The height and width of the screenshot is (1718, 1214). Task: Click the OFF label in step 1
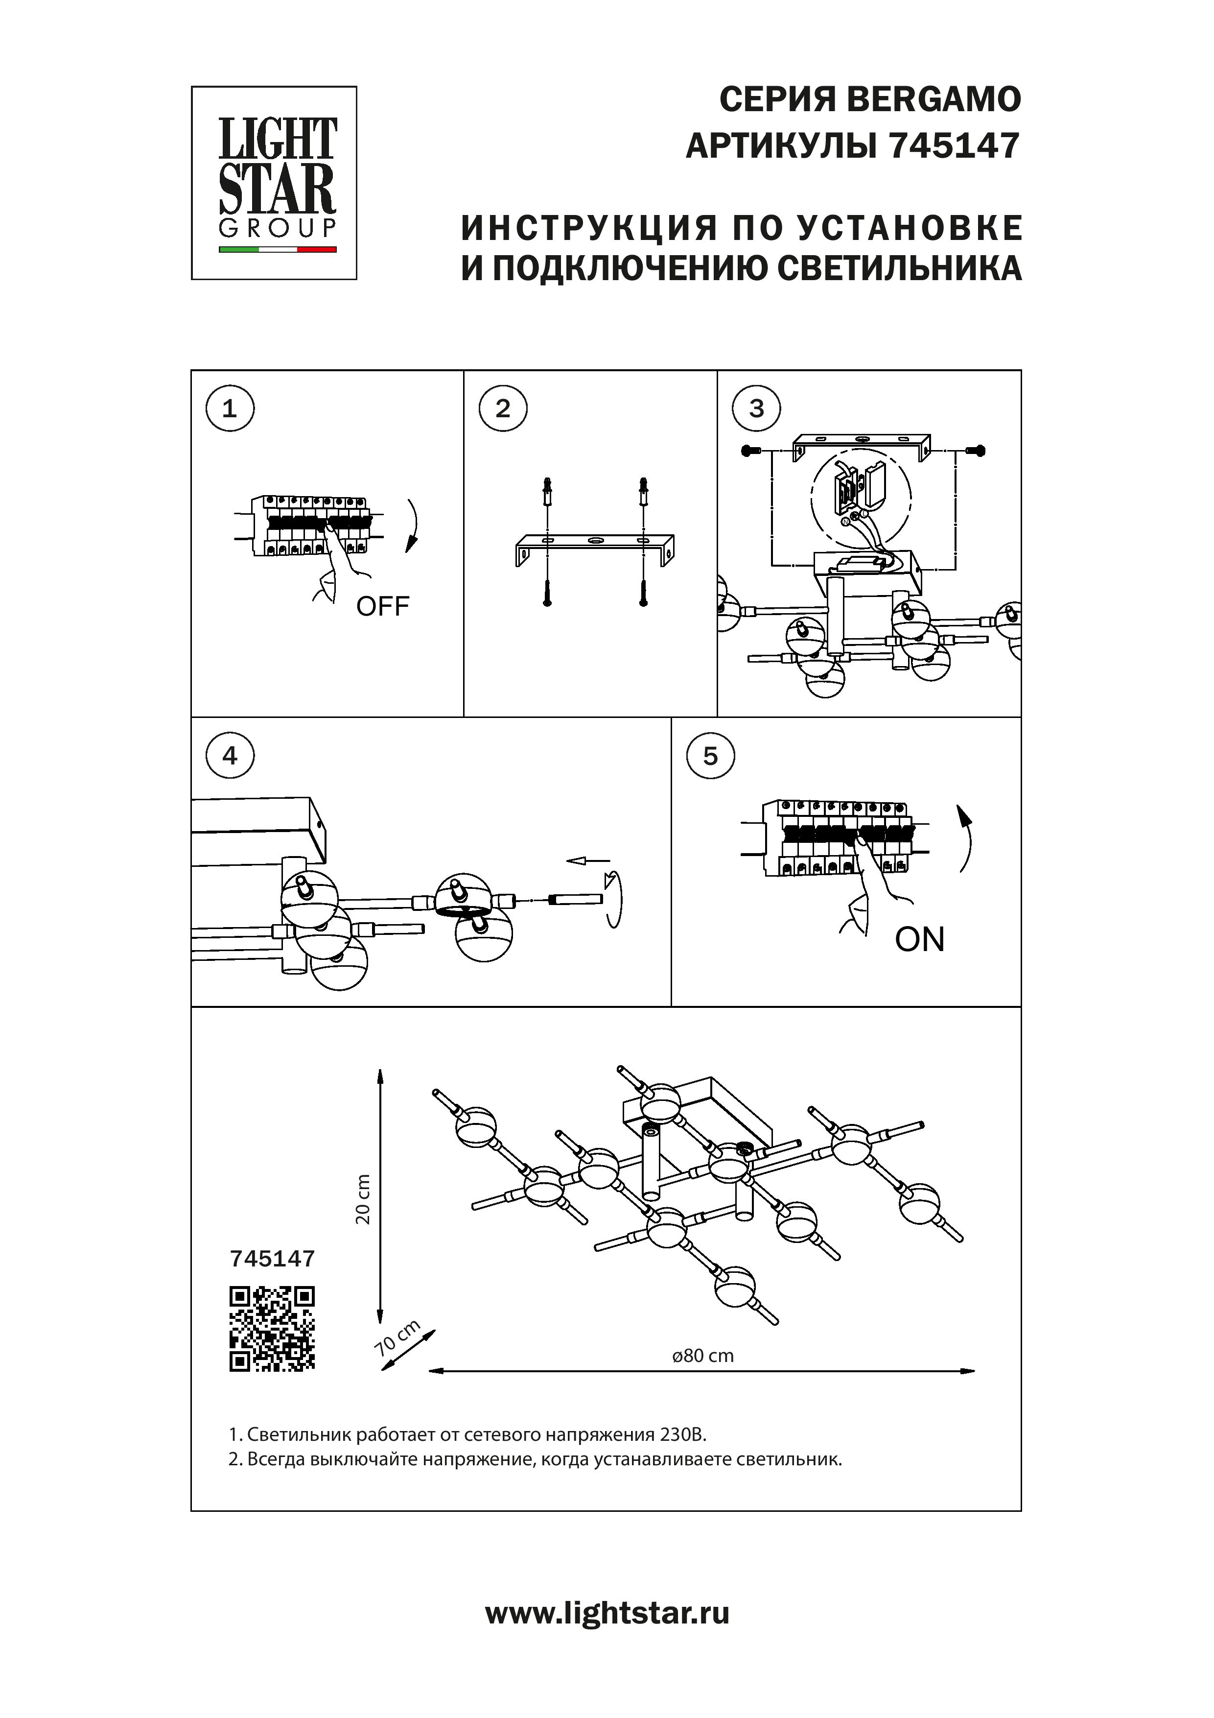382,606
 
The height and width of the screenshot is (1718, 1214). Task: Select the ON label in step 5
919,940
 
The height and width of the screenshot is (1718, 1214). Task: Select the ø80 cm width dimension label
703,1356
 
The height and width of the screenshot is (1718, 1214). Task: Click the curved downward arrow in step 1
414,525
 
